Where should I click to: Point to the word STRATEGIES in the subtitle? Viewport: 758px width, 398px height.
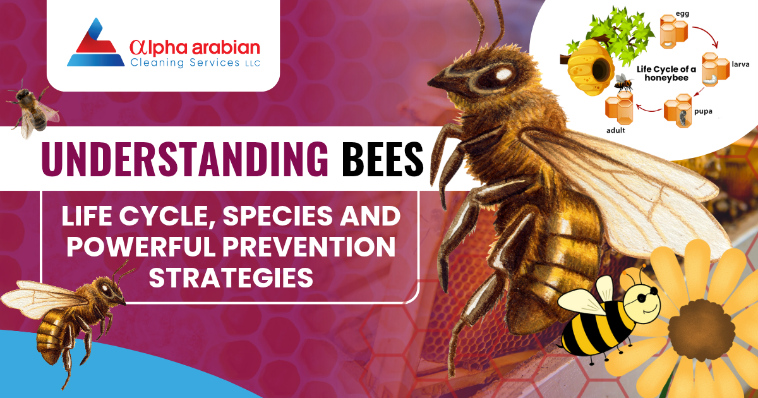(231, 277)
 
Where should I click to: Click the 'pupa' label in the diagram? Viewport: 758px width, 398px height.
(702, 112)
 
